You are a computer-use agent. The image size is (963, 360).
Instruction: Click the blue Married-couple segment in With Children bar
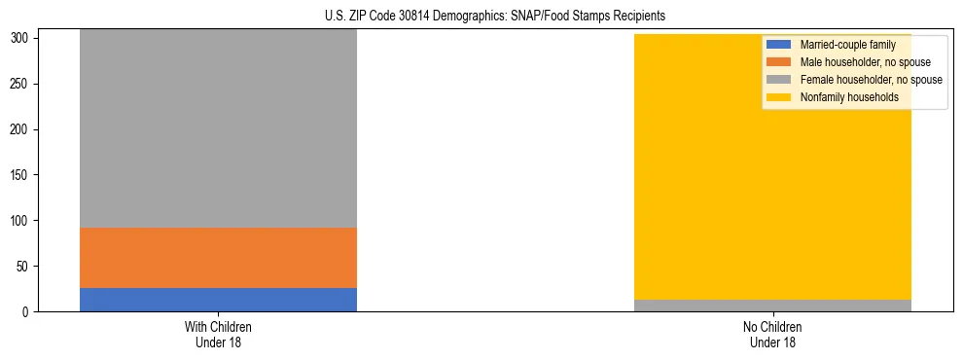(218, 300)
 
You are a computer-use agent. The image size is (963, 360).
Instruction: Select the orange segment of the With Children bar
(218, 258)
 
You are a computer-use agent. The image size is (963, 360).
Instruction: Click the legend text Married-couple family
(847, 45)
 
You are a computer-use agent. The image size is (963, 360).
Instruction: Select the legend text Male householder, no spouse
(865, 62)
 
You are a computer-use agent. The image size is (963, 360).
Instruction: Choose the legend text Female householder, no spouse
(871, 80)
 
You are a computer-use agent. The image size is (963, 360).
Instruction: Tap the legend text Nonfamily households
(848, 97)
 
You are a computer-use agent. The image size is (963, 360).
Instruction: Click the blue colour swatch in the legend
(779, 45)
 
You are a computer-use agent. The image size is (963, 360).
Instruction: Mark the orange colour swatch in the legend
(779, 62)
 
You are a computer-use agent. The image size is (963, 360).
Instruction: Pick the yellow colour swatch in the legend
(779, 97)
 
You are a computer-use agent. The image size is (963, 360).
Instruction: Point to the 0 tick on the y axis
(28, 311)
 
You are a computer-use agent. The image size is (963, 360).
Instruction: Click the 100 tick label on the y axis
(22, 221)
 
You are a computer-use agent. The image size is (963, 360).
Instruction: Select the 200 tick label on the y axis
(22, 129)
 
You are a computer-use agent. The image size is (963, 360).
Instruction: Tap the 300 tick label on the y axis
(22, 39)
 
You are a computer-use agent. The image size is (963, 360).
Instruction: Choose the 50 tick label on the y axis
(25, 267)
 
